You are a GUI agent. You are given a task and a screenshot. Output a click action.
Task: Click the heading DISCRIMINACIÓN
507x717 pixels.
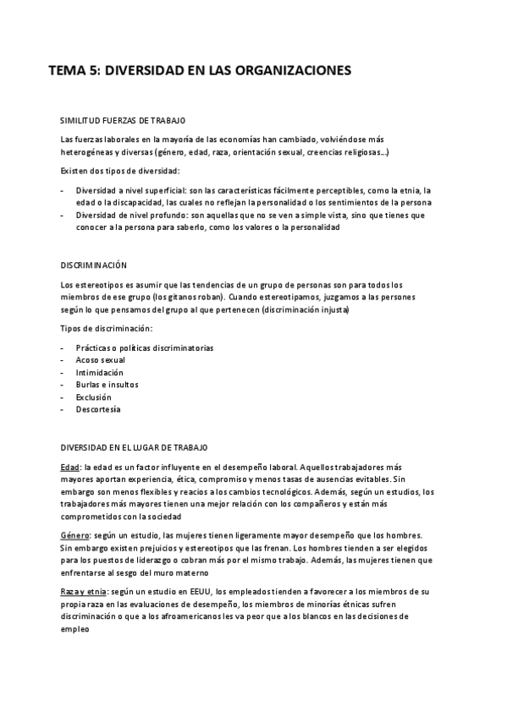[93, 265]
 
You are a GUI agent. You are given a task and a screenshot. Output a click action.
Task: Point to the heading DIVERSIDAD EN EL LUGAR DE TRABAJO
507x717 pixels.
[134, 446]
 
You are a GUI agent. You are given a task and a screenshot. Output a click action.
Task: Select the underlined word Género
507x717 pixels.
[75, 535]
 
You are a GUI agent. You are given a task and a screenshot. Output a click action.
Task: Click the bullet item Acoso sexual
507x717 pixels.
[100, 360]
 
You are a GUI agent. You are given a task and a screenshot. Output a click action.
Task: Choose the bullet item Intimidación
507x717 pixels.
[99, 372]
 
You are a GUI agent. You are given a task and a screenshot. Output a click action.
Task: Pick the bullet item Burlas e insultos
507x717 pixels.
[107, 385]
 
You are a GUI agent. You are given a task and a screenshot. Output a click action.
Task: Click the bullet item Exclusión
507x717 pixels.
[93, 397]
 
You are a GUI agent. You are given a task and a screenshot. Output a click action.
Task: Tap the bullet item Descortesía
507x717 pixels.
[97, 409]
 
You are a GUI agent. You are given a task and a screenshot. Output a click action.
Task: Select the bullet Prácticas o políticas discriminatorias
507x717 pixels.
[144, 348]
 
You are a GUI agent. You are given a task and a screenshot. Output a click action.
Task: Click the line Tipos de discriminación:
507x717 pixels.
[107, 328]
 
